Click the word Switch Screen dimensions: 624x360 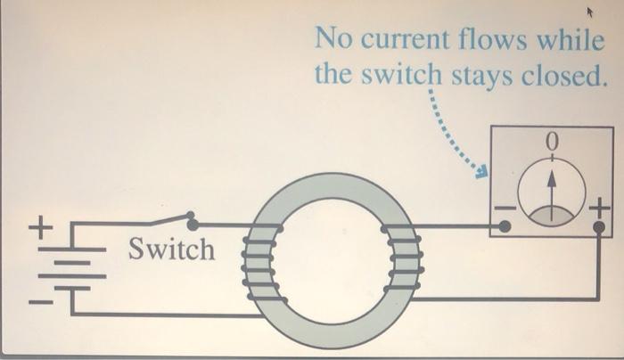tap(172, 250)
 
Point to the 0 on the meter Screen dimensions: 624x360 tap(552, 142)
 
